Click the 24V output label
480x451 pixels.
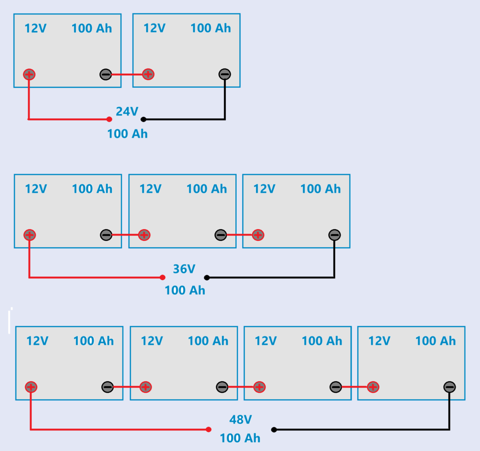[x=127, y=112]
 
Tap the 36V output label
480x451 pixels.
[x=184, y=269]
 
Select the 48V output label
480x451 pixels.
[x=240, y=420]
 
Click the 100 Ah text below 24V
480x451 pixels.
[x=127, y=134]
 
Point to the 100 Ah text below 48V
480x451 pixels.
[x=240, y=438]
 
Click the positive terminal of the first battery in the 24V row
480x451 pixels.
[x=29, y=74]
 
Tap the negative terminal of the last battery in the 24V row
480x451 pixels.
[x=225, y=74]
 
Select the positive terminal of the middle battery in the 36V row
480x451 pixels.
[x=144, y=235]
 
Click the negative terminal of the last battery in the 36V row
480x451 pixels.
[x=334, y=235]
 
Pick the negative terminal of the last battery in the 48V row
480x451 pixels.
[x=449, y=387]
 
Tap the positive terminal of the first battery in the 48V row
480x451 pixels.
[x=31, y=387]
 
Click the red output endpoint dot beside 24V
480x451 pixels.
[x=109, y=119]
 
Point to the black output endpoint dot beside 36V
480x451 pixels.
[x=207, y=277]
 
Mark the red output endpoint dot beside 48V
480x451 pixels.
[x=209, y=429]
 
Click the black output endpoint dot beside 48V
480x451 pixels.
[x=274, y=429]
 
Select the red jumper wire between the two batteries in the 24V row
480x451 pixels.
[x=127, y=74]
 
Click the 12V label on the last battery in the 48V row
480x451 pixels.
[x=379, y=341]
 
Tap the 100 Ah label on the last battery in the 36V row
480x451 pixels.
[x=320, y=189]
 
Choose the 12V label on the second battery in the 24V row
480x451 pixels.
[x=154, y=28]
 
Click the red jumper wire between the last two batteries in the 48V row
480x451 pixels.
[x=354, y=387]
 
